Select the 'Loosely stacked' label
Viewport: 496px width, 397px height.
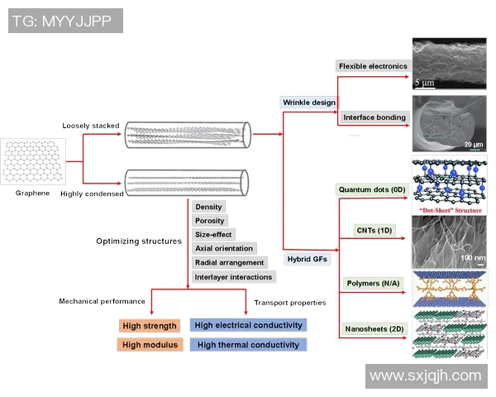click(91, 126)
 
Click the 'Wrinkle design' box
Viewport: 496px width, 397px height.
click(309, 103)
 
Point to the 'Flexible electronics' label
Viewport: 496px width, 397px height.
click(373, 66)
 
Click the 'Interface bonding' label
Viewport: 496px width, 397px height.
click(374, 117)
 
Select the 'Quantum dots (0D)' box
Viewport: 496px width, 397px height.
click(372, 189)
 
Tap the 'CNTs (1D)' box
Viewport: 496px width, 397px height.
click(373, 230)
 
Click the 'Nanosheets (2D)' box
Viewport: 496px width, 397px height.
click(374, 329)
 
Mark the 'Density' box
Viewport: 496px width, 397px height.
click(208, 207)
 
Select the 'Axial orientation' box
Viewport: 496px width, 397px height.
click(224, 248)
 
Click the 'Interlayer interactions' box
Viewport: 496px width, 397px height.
click(233, 276)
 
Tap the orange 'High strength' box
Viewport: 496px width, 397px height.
click(150, 325)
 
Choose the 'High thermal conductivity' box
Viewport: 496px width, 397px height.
click(248, 345)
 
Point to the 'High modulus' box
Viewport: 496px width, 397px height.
click(150, 345)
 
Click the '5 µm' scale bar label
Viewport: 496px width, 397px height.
click(423, 83)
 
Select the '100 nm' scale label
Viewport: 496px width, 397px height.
click(473, 257)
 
